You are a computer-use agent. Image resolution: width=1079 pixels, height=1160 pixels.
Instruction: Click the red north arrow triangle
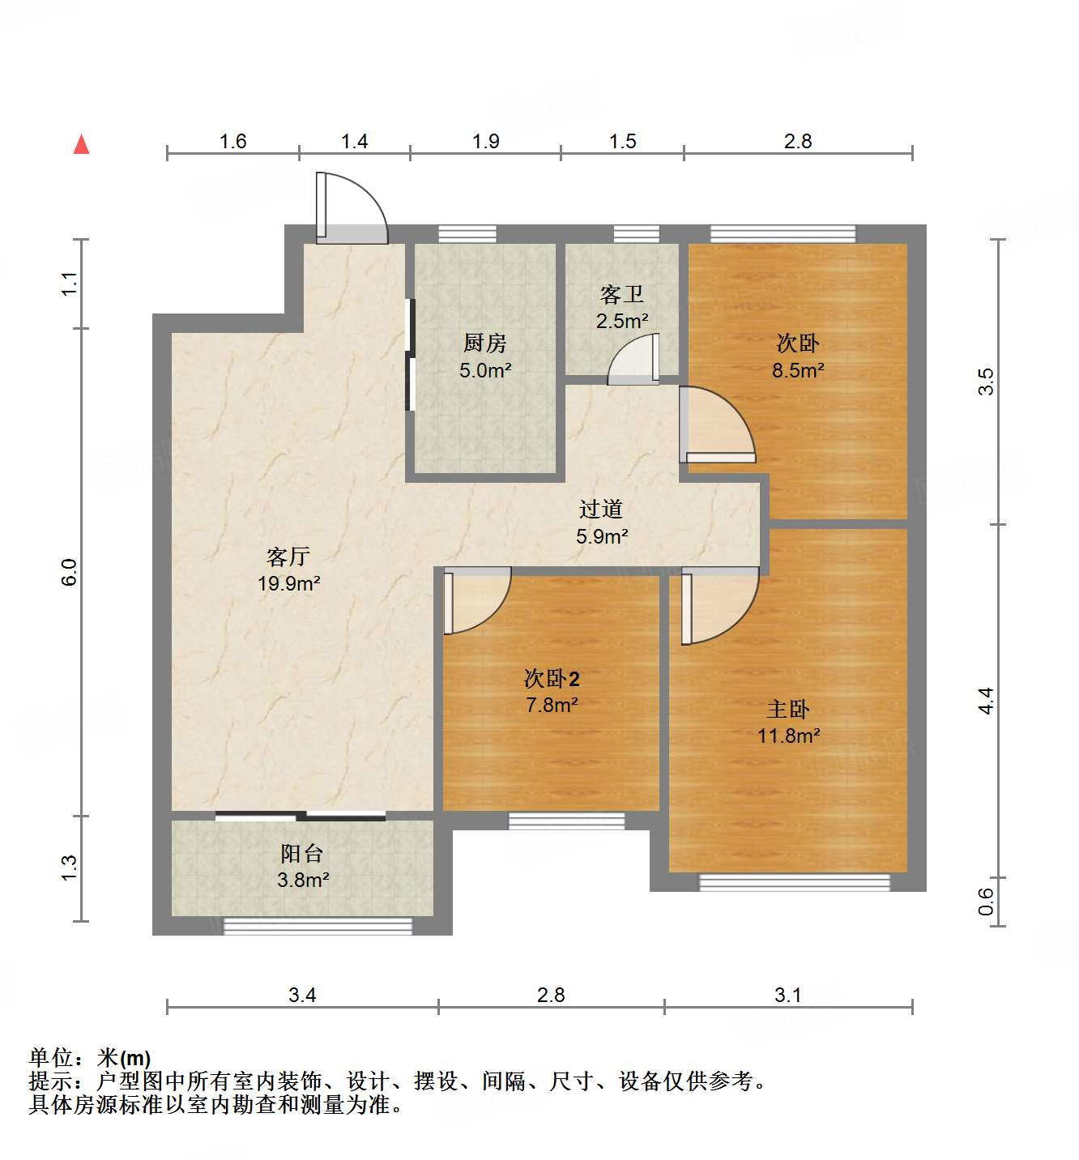[81, 144]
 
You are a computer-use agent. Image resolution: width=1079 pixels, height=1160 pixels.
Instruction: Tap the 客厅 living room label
[288, 557]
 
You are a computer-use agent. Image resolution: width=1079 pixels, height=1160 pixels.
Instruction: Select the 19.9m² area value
[289, 583]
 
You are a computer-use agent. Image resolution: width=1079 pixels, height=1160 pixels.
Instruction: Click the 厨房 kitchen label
[485, 343]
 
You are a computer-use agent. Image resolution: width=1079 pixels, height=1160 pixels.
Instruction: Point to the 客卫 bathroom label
[622, 294]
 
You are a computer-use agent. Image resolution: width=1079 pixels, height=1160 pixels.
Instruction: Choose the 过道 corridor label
[601, 509]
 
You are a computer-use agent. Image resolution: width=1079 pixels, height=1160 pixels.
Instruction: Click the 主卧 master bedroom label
[788, 710]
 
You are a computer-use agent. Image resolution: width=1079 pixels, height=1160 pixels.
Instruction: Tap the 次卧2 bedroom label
[552, 678]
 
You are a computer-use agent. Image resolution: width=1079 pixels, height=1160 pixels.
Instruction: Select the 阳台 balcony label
[302, 853]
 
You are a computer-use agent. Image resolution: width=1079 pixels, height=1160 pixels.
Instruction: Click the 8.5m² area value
[798, 370]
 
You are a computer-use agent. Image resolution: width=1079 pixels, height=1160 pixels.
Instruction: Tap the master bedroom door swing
[718, 603]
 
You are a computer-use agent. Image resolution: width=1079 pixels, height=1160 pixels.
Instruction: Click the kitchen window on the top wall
[467, 234]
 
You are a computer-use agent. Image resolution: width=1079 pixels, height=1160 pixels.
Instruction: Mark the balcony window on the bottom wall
[318, 925]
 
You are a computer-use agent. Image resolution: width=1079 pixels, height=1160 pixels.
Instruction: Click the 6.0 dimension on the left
[70, 572]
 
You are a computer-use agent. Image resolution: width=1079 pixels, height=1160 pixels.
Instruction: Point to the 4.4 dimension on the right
[986, 701]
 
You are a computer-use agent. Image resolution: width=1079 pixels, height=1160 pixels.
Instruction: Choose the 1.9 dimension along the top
[486, 142]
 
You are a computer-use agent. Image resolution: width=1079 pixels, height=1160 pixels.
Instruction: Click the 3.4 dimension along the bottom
[302, 995]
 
